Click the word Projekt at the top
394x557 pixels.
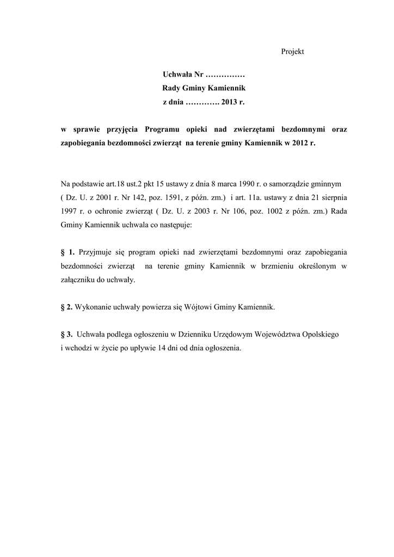coord(292,52)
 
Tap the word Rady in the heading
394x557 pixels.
coord(172,88)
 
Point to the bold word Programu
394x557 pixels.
coord(164,129)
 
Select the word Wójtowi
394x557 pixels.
coord(200,307)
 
